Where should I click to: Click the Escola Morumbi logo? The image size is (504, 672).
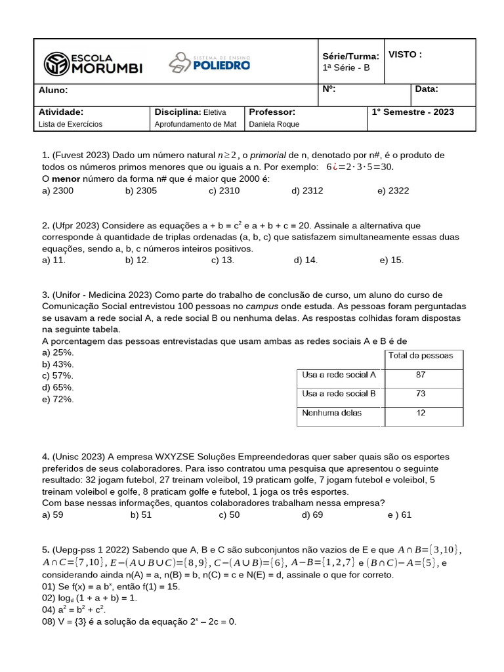93,63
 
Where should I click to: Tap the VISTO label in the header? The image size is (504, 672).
405,54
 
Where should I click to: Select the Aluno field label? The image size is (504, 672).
53,91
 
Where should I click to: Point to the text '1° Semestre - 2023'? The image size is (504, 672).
413,112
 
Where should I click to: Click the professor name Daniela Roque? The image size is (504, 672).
274,124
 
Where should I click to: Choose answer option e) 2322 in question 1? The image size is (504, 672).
393,190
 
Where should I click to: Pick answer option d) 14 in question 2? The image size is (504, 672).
306,260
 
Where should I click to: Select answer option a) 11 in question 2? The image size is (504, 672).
54,260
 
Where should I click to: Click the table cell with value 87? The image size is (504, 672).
421,375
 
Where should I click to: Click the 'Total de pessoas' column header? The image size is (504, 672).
421,356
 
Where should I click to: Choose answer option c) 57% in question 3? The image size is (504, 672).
58,375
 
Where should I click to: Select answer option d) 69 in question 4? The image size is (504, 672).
312,514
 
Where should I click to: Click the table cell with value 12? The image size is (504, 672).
421,413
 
